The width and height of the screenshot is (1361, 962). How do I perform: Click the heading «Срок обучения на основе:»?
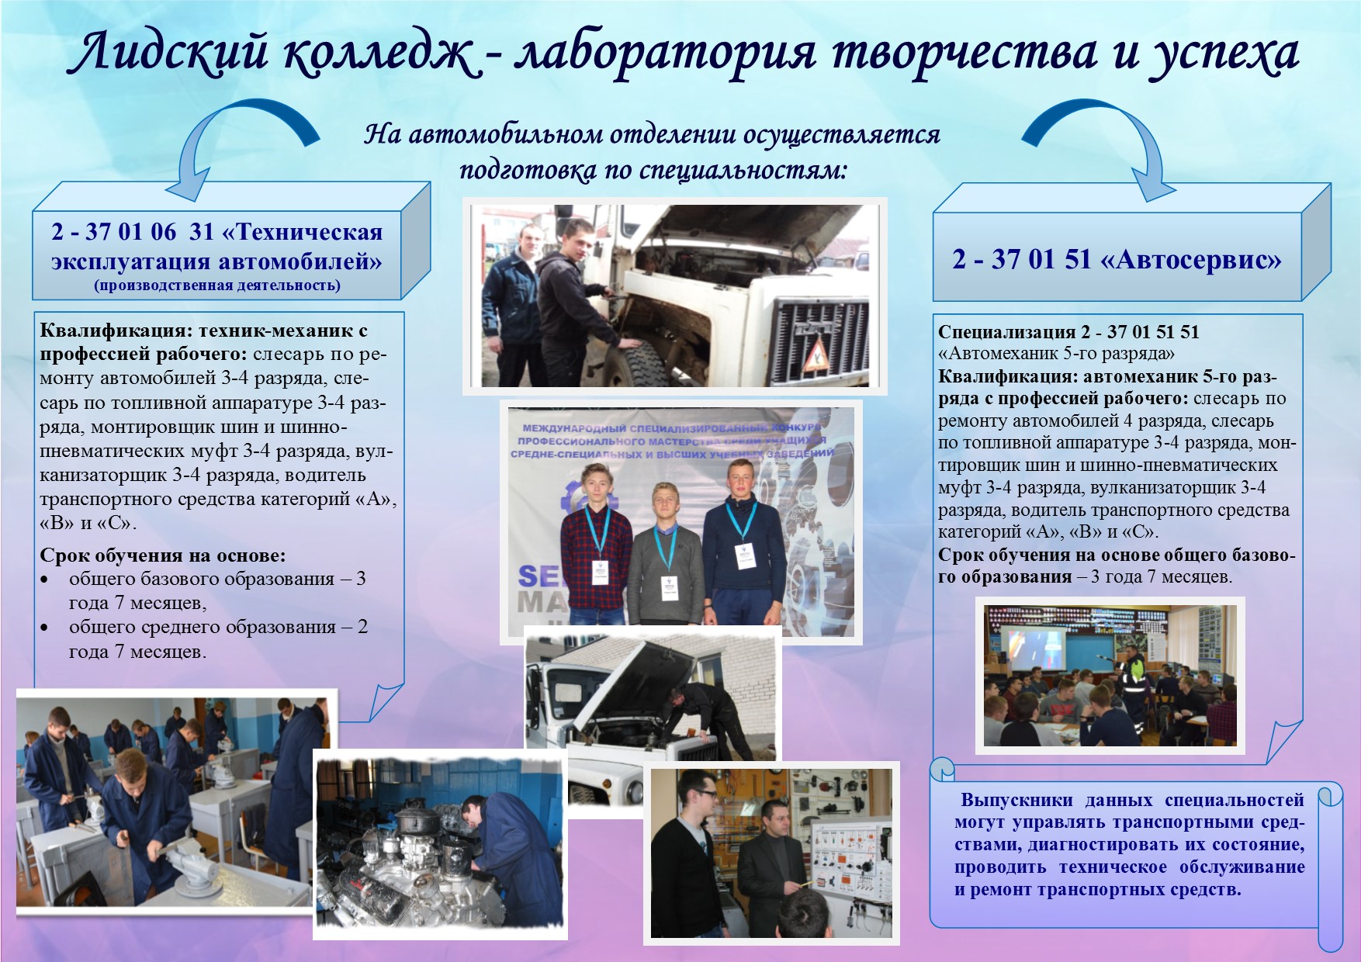click(x=163, y=555)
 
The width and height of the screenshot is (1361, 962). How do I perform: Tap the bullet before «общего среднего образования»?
click(x=46, y=628)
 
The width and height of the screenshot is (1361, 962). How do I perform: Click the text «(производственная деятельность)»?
click(x=218, y=285)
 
